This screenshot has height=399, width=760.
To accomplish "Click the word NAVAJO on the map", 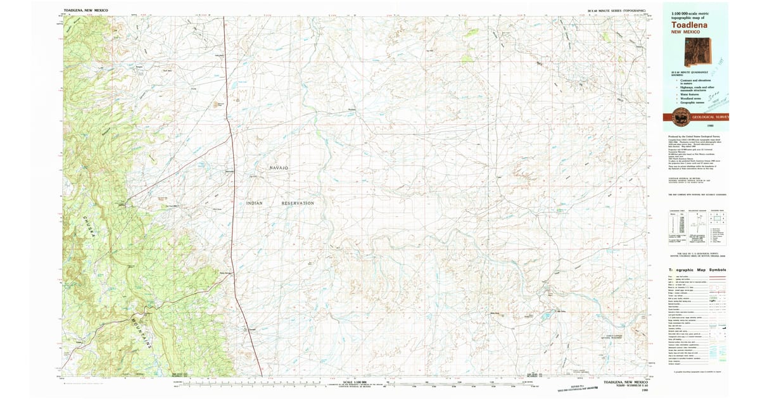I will (x=279, y=167).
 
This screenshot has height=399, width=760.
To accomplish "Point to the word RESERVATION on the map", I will (x=298, y=203).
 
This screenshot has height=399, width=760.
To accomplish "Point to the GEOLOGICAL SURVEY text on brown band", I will (x=711, y=117).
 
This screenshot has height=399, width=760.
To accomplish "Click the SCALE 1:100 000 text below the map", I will (x=355, y=382).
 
